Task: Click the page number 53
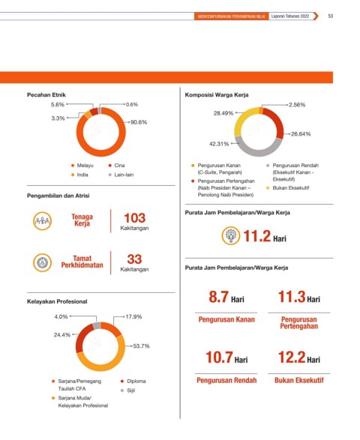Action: point(331,16)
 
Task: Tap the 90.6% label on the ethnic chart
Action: point(139,122)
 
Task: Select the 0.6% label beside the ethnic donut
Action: point(132,105)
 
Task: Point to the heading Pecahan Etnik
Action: point(46,95)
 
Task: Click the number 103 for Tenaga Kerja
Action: point(135,218)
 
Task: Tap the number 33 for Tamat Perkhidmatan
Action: point(134,259)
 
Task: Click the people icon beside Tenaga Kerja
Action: point(43,221)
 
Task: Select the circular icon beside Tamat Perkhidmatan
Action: point(43,262)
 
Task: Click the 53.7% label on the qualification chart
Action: point(141,346)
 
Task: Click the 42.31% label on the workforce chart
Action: point(219,144)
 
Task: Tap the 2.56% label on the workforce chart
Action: point(297,105)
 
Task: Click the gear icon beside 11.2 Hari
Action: point(231,235)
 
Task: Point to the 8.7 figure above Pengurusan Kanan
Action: point(218,297)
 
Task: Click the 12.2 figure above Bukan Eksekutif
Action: point(292,358)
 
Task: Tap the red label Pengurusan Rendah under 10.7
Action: point(226,381)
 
